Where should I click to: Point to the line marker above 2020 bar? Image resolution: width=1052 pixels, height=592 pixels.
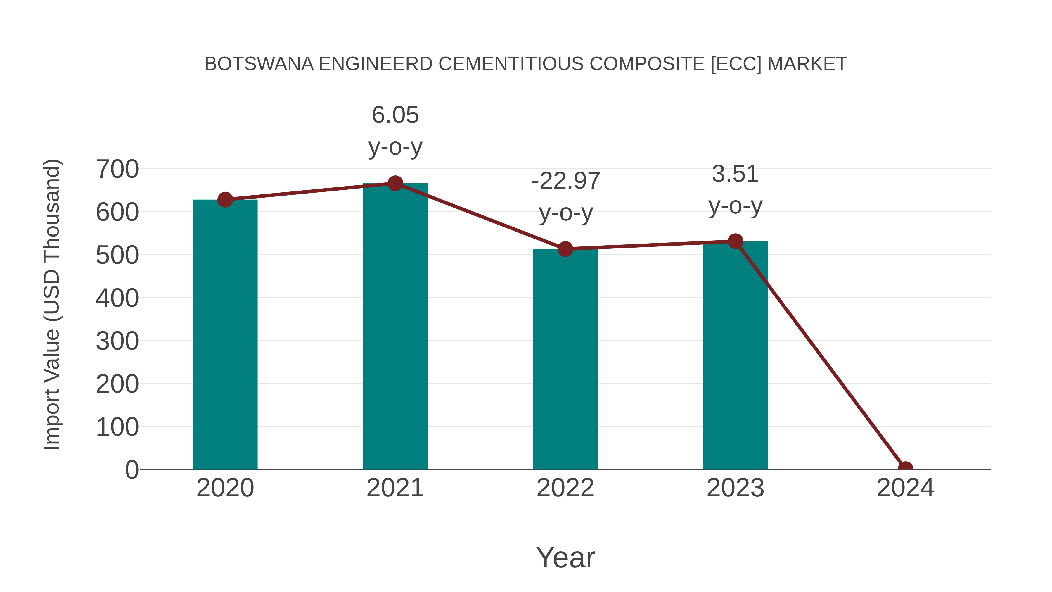(225, 200)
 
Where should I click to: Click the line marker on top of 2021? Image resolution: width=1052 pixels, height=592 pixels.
(395, 183)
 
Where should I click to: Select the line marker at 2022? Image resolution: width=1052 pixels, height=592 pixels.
(565, 249)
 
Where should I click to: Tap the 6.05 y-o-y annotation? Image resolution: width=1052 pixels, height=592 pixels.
(395, 130)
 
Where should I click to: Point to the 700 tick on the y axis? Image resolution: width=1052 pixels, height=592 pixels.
(117, 169)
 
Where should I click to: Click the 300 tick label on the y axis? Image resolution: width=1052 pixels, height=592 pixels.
(117, 341)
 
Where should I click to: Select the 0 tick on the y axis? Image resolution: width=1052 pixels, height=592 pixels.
(131, 470)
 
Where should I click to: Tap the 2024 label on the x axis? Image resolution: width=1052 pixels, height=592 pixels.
(905, 488)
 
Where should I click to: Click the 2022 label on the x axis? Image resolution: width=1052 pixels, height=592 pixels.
(565, 488)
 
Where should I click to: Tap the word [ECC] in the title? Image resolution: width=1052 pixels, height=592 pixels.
(736, 64)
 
